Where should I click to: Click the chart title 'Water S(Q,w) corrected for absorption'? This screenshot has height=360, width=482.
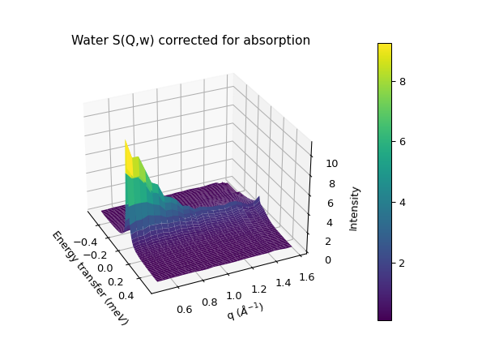click(190, 41)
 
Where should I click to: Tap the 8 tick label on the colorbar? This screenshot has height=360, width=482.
click(402, 81)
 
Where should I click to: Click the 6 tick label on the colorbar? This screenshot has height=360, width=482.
click(402, 142)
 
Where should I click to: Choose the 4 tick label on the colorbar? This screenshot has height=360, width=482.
click(402, 203)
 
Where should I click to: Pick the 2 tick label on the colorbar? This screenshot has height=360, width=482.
click(402, 264)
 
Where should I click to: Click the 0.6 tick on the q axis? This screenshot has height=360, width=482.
click(184, 309)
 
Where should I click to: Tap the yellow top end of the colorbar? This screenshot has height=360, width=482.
click(385, 46)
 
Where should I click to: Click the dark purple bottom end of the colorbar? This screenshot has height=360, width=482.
click(385, 317)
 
